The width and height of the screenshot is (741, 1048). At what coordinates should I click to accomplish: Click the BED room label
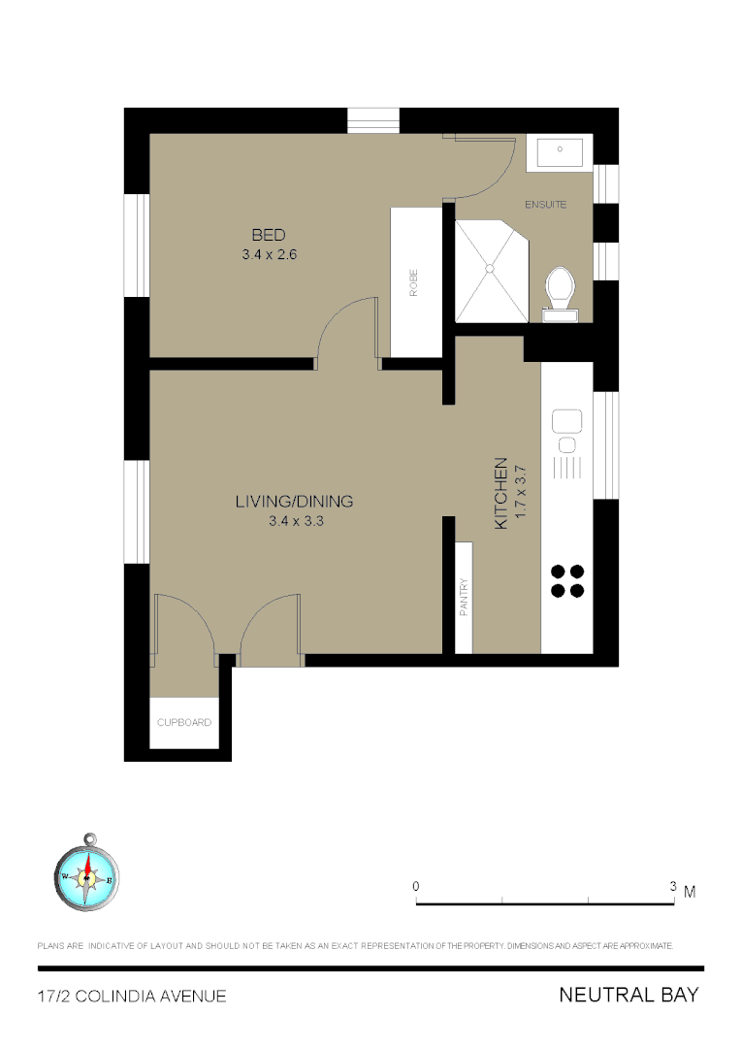(x=269, y=235)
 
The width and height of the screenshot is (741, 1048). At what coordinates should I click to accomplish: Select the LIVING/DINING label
(x=294, y=502)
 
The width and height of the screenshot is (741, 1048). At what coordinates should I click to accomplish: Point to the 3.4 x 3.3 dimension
(x=294, y=522)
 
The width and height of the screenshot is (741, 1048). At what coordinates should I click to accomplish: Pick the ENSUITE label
(x=545, y=205)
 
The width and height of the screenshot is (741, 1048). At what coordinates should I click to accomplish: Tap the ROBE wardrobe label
(x=413, y=282)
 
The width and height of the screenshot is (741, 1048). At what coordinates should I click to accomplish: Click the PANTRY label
(x=465, y=598)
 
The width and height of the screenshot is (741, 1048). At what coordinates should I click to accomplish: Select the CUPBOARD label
(x=184, y=723)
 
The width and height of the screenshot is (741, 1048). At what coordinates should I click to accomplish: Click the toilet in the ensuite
(x=560, y=289)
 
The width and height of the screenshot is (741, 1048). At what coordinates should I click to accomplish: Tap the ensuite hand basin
(x=560, y=152)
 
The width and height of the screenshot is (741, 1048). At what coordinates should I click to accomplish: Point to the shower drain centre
(x=490, y=267)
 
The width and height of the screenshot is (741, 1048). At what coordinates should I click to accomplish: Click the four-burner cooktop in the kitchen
(x=567, y=580)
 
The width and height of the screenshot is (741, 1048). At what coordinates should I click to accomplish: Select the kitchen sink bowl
(x=566, y=422)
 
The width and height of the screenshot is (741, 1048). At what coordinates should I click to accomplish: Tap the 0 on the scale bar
(x=416, y=887)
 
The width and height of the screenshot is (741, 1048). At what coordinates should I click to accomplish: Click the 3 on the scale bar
(x=672, y=887)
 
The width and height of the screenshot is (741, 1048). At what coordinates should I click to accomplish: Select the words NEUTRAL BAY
(x=628, y=996)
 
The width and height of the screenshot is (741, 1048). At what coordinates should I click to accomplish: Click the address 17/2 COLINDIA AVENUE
(x=132, y=997)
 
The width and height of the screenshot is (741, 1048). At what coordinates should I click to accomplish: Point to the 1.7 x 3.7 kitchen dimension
(x=520, y=493)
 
